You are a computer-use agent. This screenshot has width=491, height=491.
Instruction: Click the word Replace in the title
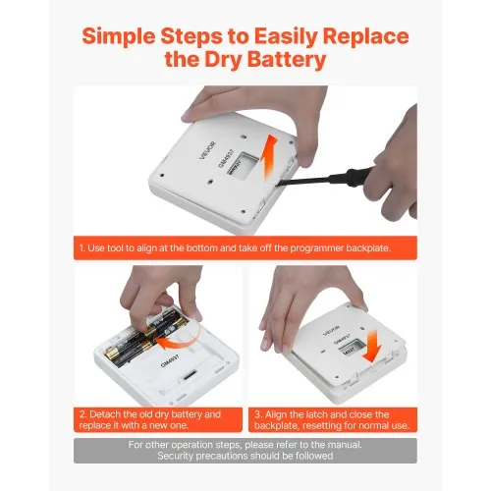coord(366,36)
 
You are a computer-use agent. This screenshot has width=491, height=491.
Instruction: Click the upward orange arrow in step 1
coord(270,156)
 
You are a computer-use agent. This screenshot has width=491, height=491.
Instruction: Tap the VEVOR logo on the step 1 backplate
coord(207,150)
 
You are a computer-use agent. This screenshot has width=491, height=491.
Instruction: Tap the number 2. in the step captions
coord(82,414)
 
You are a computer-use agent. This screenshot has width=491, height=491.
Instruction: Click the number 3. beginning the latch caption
coord(258,414)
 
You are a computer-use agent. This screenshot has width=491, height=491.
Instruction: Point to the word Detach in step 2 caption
coord(105,414)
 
